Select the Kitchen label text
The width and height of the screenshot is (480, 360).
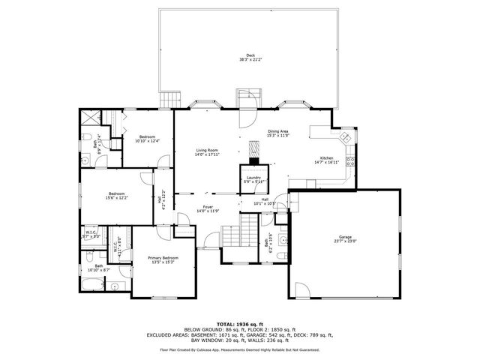tap(326, 158)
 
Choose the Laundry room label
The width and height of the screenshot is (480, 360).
tap(253, 178)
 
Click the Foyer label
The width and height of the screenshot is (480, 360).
tap(207, 207)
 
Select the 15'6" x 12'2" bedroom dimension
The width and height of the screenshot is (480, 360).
tap(116, 198)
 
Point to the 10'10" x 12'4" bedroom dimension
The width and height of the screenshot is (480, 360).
tap(147, 141)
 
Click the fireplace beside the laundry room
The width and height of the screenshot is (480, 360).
tap(254, 153)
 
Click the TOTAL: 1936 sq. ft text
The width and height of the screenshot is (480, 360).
tap(239, 322)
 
